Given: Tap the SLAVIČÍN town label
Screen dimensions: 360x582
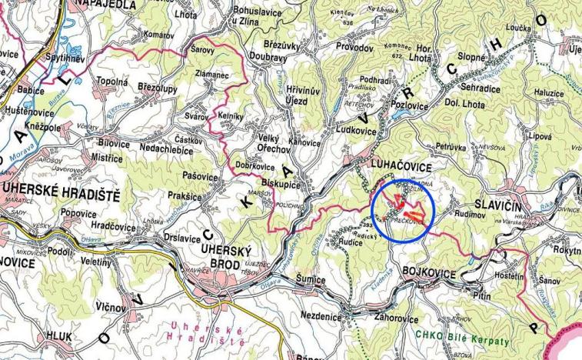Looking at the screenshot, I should [522, 198].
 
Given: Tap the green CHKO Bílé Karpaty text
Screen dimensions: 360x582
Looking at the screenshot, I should [461, 335].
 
